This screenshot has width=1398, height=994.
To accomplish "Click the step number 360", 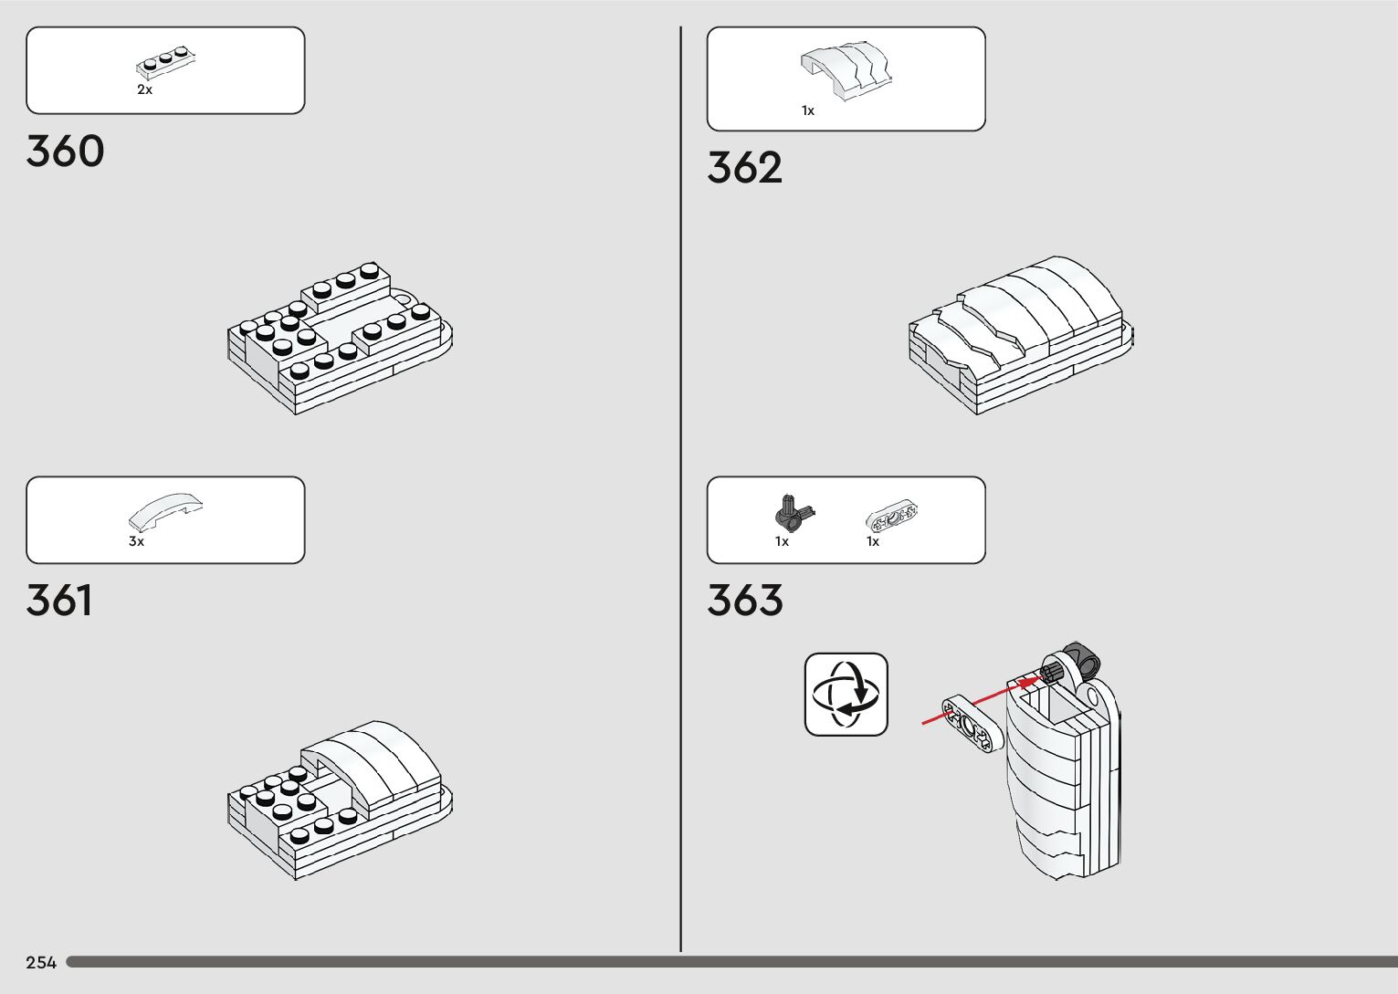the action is (x=65, y=152).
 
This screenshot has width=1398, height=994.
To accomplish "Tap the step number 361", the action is (x=59, y=601).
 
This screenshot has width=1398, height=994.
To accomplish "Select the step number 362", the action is (x=744, y=169).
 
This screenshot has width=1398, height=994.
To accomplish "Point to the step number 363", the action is (x=744, y=601).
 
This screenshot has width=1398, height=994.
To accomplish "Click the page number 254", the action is (x=41, y=962).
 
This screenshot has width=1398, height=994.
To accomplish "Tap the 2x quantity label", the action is (x=144, y=90).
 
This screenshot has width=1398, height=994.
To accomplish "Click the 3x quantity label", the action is (x=136, y=541).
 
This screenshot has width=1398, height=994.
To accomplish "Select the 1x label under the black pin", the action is (x=782, y=541).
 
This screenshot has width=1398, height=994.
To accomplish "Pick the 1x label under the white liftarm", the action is (x=873, y=541).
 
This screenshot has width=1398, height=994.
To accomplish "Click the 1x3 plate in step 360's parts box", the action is (x=167, y=61).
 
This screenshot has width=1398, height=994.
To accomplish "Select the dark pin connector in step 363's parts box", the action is (x=791, y=513).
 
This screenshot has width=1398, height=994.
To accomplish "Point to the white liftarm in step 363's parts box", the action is (x=891, y=517).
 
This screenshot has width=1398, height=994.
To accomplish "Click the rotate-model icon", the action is (x=846, y=694).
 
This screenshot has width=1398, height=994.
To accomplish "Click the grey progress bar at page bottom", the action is (x=731, y=962).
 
